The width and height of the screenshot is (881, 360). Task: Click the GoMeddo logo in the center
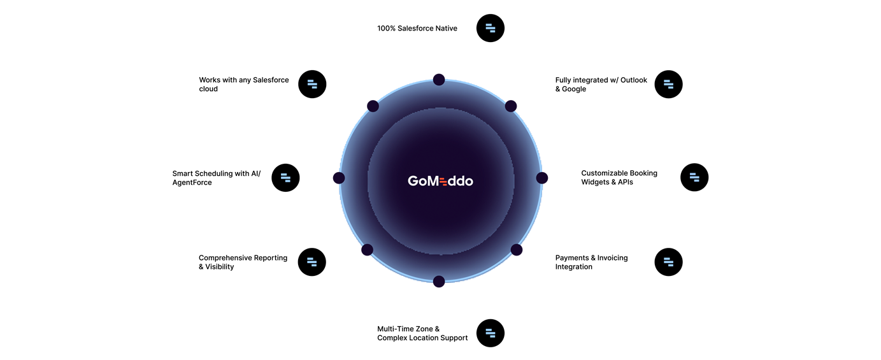[x=440, y=181]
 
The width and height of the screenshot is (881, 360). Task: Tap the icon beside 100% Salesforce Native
[x=491, y=28]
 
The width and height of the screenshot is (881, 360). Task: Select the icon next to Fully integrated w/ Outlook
[x=668, y=84]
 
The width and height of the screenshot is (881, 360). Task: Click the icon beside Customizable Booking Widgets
[x=694, y=178]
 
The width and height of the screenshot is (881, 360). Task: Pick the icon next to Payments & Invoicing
[x=668, y=262]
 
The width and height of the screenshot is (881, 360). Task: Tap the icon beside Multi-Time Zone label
[x=491, y=333]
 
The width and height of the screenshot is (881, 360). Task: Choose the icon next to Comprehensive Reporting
[x=312, y=262]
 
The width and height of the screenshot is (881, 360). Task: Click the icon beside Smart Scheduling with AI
[x=285, y=178]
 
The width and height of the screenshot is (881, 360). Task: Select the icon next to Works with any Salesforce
[x=312, y=84]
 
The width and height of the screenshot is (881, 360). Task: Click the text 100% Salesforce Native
[x=417, y=29]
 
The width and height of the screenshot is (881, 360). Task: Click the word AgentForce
[x=192, y=182]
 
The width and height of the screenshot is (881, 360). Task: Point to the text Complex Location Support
[x=422, y=338]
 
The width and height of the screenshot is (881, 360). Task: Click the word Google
[x=574, y=89]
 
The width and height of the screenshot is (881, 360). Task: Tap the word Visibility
[x=219, y=267]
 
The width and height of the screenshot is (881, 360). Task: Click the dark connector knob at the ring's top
[x=438, y=75]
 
